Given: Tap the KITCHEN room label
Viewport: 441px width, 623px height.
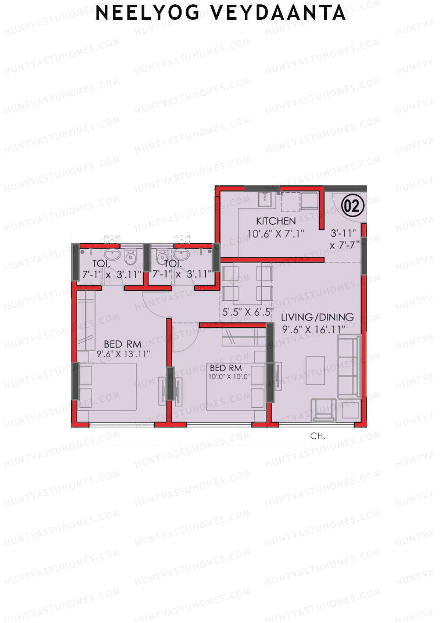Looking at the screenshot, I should tap(276, 221).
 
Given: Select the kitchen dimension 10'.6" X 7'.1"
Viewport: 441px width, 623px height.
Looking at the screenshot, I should tap(276, 233).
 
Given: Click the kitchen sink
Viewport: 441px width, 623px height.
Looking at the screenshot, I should tap(265, 200).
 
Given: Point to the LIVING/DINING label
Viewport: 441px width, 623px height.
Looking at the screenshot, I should tap(318, 317).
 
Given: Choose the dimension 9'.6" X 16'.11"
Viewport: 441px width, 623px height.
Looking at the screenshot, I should tap(314, 329).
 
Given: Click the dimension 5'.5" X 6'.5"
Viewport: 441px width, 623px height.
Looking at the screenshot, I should tap(248, 312).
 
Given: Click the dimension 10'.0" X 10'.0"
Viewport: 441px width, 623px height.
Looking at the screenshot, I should tap(229, 377).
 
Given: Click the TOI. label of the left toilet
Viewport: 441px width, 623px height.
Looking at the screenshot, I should tap(101, 264).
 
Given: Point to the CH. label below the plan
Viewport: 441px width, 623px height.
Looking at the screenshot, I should tap(318, 436).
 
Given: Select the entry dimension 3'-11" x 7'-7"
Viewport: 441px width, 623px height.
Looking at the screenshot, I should tap(344, 239).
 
